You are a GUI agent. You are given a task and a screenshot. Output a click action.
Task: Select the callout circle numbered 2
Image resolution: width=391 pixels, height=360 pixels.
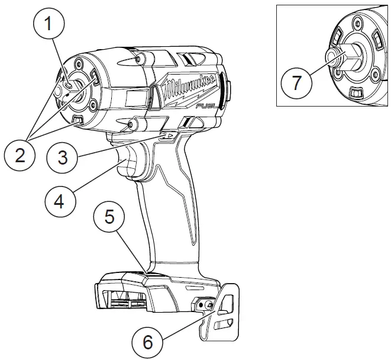[20, 156]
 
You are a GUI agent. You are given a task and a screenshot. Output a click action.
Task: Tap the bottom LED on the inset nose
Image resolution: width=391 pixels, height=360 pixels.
[356, 92]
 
